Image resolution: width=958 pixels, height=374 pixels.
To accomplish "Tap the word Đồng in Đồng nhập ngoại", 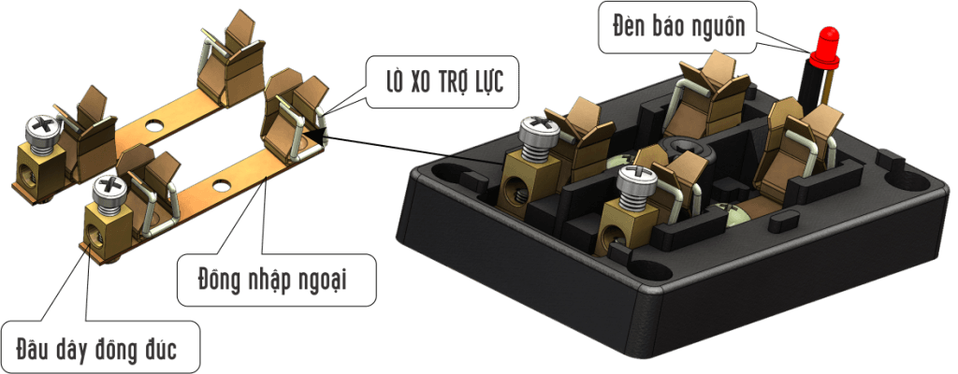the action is (217, 280).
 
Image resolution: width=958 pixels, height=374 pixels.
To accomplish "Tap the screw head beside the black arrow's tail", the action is (538, 131).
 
